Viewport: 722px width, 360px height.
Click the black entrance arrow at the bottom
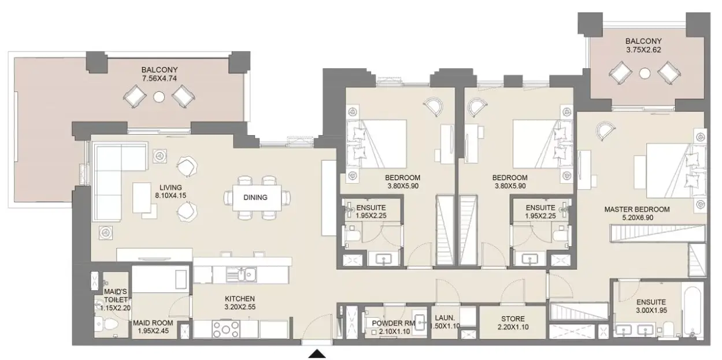tap(317, 354)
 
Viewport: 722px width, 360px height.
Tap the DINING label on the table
tap(256, 197)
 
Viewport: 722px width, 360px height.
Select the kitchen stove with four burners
tap(226, 329)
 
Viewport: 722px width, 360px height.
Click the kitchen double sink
tap(241, 274)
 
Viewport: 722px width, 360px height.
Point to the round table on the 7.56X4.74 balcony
tap(159, 97)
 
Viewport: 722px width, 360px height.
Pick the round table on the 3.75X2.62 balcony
tap(645, 73)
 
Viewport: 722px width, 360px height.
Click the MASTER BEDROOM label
tap(637, 209)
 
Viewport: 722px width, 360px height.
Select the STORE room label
tap(513, 319)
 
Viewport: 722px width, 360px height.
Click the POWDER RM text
tap(393, 323)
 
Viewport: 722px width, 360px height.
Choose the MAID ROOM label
tap(153, 322)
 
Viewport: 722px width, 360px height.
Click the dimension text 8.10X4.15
tap(171, 195)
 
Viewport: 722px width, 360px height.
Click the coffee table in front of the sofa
tap(142, 198)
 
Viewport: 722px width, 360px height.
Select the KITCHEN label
tap(240, 299)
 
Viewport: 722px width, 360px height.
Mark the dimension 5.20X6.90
tap(638, 218)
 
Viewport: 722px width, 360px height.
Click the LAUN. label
tap(445, 318)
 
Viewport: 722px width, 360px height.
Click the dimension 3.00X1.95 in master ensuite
tap(651, 310)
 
